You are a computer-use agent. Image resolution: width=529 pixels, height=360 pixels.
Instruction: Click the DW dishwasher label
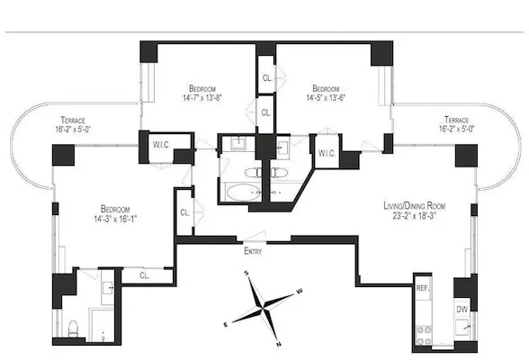tap(462, 309)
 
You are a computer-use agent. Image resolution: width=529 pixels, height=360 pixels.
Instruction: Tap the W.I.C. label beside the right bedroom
tap(327, 153)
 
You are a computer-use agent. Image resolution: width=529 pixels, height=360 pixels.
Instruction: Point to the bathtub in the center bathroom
tap(238, 191)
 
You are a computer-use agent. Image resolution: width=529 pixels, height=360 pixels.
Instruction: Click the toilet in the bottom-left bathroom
tap(75, 327)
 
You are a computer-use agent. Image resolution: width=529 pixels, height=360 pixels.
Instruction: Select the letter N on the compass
tap(280, 344)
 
